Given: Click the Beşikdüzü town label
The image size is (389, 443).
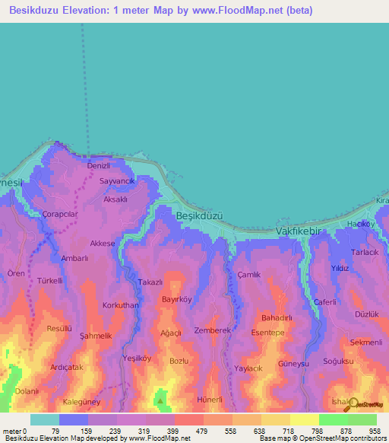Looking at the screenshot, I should (x=199, y=215).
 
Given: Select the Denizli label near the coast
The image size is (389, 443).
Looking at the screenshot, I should (x=100, y=166).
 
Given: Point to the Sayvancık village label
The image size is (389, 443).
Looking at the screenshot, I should (x=117, y=182).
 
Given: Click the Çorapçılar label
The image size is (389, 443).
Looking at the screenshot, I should (x=61, y=215).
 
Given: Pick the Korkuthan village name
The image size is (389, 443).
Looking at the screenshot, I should (x=120, y=304).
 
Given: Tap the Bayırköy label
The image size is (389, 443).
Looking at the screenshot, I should (x=177, y=299).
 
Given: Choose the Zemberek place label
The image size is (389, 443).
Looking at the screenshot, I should (x=212, y=330).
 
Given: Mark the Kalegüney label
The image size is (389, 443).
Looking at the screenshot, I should (x=83, y=402).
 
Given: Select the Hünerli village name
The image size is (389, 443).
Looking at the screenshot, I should (x=210, y=400).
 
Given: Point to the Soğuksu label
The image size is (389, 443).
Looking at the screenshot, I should (x=337, y=361).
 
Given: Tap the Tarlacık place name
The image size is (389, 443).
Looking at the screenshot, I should (x=364, y=252).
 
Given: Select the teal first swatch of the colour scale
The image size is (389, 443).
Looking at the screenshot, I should (x=45, y=419).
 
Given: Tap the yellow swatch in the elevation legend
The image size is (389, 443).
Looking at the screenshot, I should (x=304, y=419).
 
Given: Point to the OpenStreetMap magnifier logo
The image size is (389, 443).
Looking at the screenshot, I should (x=351, y=404).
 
